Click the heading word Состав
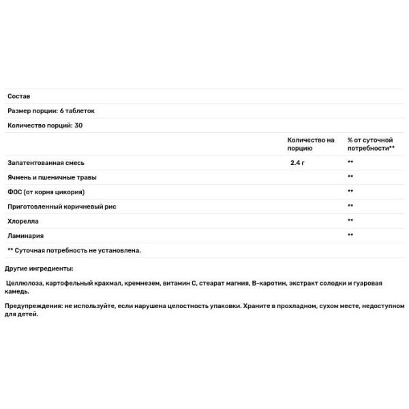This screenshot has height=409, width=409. tap(18, 96)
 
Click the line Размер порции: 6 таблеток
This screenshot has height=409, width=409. tap(51, 110)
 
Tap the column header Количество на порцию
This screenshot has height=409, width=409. tap(310, 144)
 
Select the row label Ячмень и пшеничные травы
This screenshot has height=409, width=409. tap(52, 177)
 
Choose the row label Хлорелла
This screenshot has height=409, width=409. tap(23, 221)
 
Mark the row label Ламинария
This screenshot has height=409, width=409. tap(26, 235)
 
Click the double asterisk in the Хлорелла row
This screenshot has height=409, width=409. tap(350, 221)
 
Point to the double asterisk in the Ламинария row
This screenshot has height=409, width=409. tap(350, 235)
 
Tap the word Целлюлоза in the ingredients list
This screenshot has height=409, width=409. tap(26, 283)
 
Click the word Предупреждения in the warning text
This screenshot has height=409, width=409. tap(33, 307)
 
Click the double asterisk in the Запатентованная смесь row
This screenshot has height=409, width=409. tap(350, 163)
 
